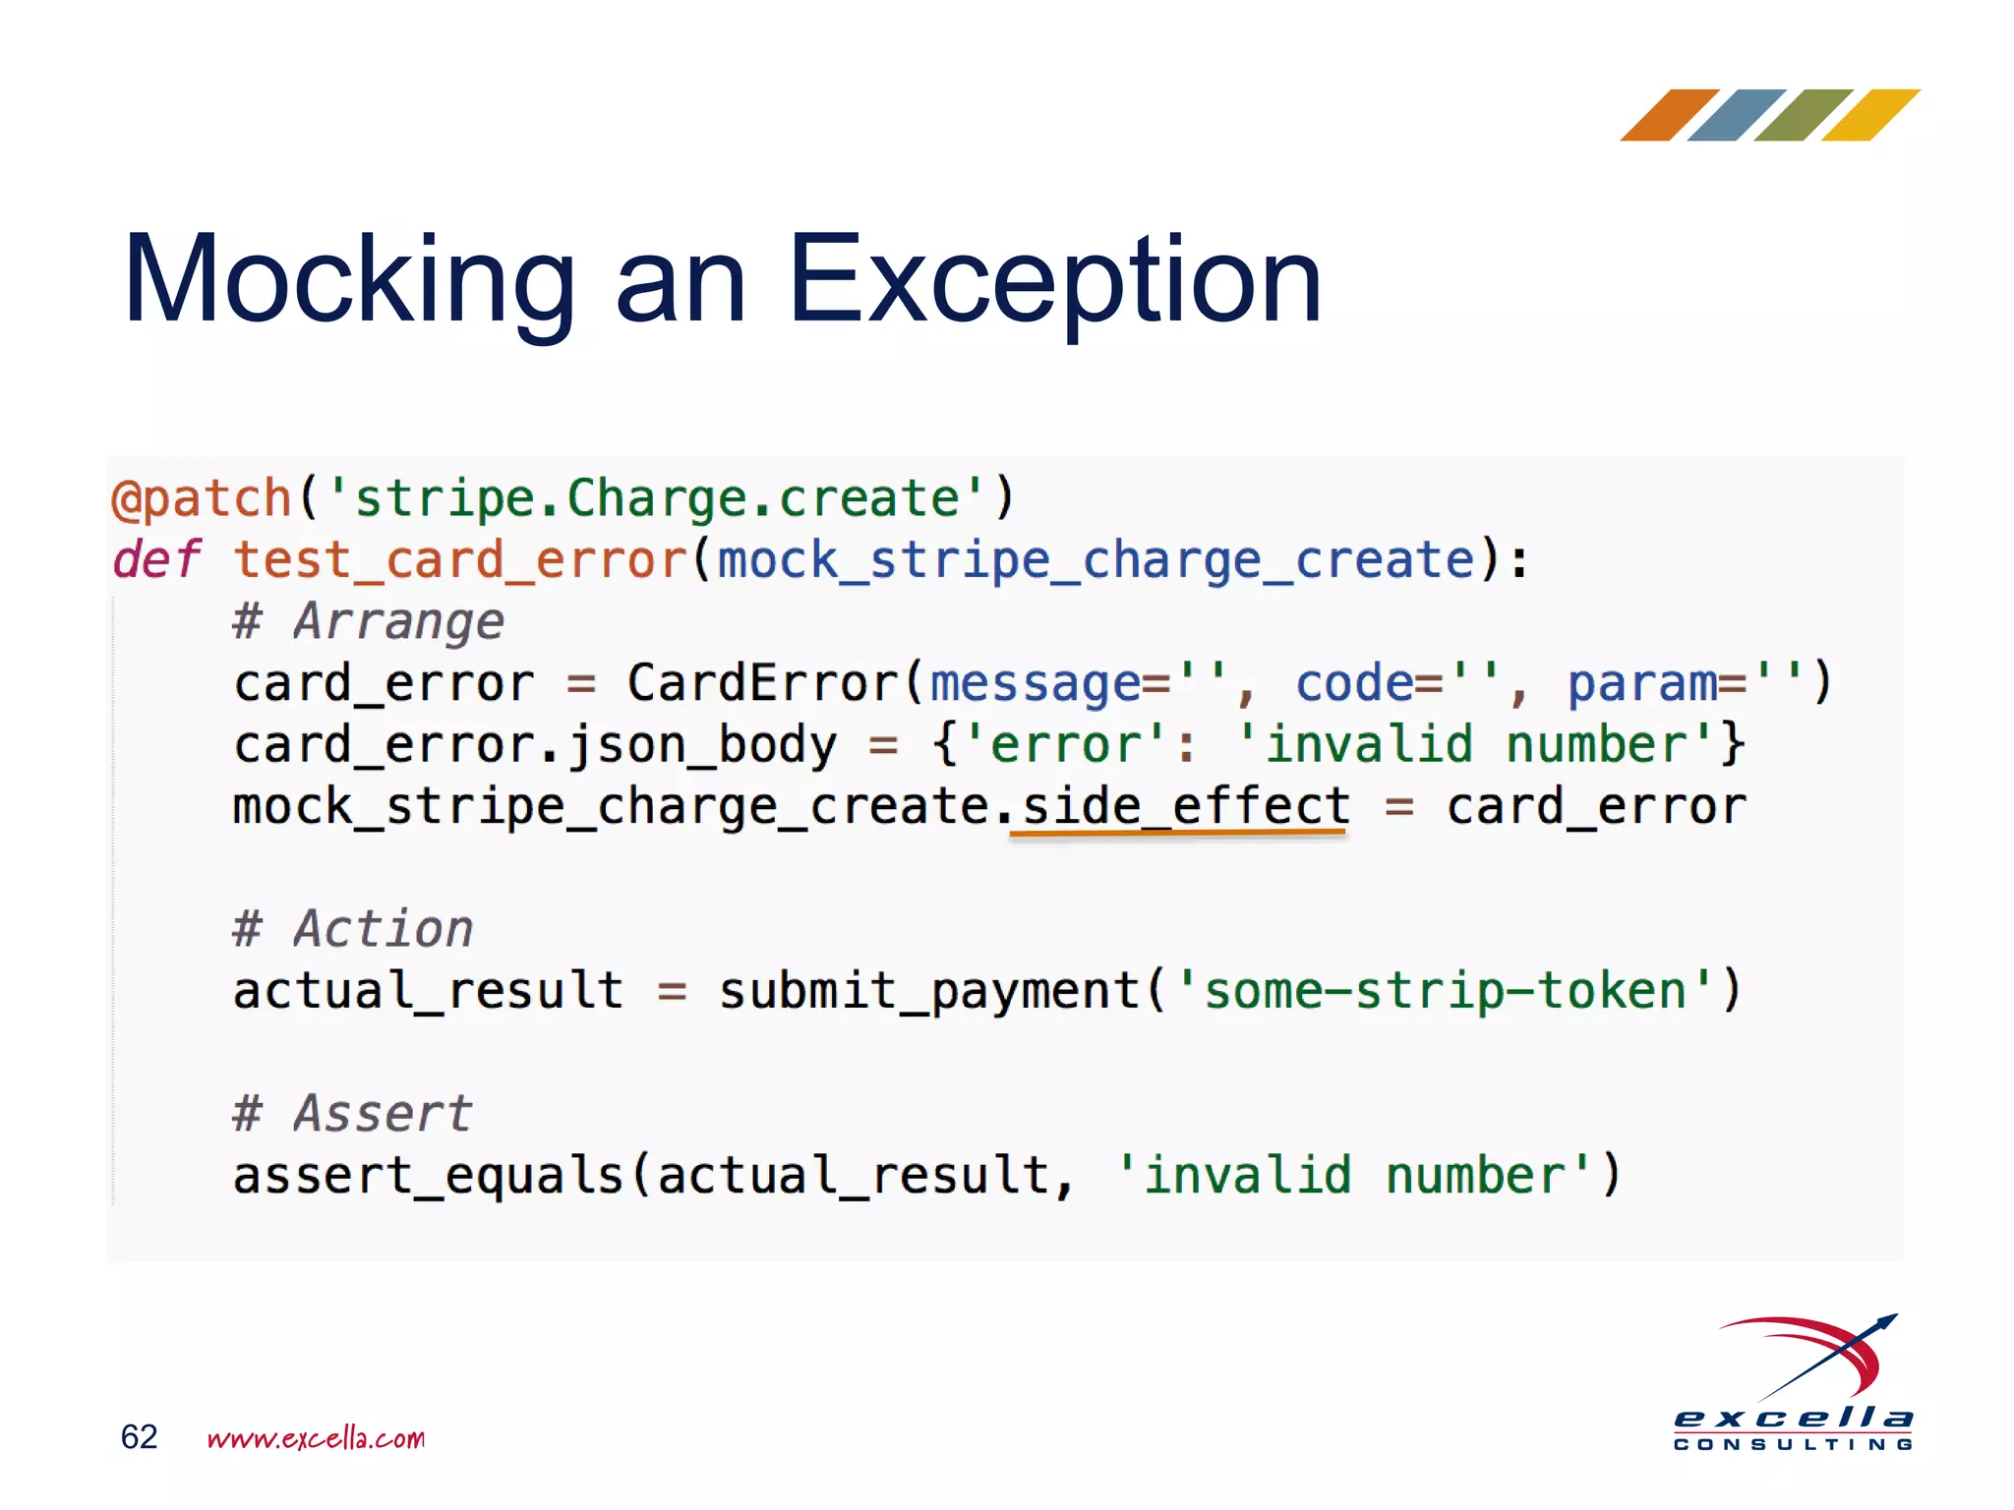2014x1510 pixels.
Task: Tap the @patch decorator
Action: [202, 498]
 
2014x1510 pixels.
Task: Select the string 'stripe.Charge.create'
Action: [656, 498]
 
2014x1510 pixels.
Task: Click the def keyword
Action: [156, 560]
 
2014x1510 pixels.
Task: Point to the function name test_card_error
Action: [460, 560]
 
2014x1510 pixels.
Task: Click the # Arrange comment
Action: [369, 621]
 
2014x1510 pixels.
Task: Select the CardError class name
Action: [763, 683]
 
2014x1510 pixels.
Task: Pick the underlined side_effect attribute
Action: [1185, 807]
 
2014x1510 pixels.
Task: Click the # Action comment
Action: [353, 929]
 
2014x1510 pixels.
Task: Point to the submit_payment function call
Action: [929, 990]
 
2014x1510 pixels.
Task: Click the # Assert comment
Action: [353, 1114]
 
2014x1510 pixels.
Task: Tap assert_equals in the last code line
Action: [429, 1176]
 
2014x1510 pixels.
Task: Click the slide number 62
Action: [139, 1437]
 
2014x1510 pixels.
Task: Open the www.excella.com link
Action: [316, 1438]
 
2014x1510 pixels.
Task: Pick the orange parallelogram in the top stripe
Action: [1669, 115]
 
